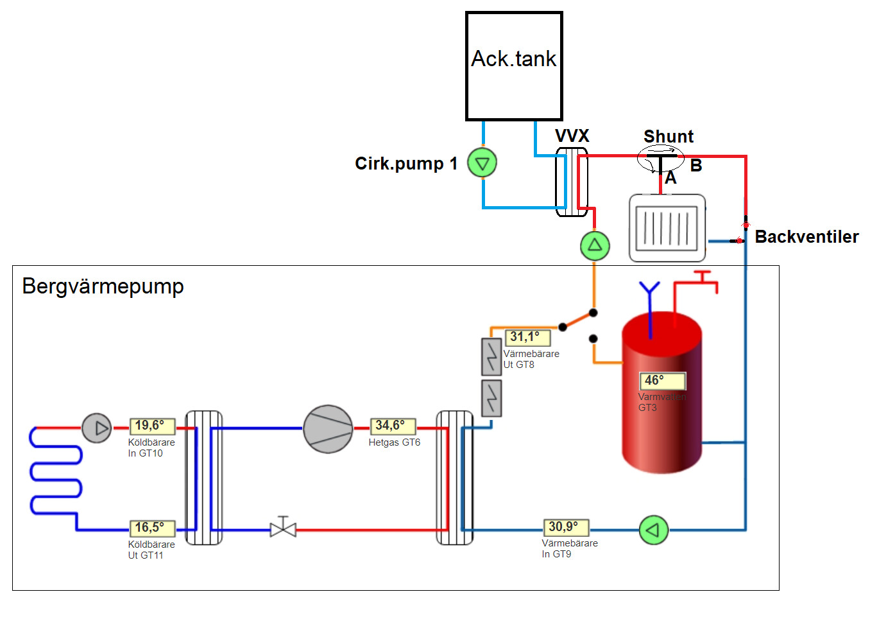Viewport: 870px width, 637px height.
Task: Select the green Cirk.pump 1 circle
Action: click(482, 163)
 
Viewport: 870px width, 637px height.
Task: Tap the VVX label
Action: click(572, 135)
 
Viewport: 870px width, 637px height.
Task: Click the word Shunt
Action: click(668, 136)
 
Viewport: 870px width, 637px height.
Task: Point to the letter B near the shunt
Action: click(695, 166)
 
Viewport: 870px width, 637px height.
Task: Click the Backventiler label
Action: click(806, 237)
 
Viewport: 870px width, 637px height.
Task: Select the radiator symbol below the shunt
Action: click(667, 228)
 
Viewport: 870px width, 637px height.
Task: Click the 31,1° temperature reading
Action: click(527, 337)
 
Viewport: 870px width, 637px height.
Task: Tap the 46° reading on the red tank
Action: click(662, 381)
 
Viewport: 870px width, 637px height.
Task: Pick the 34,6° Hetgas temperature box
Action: click(393, 426)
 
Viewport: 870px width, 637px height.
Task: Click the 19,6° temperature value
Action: click(152, 426)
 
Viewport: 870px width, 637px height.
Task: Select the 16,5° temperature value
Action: click(152, 528)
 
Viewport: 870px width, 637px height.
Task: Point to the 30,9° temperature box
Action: click(566, 528)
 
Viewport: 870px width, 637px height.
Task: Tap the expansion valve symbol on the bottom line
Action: click(283, 527)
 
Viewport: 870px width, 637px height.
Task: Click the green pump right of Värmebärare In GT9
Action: click(654, 530)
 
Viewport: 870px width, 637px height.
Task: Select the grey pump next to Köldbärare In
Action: click(97, 428)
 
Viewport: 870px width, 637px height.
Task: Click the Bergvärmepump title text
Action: click(103, 287)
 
